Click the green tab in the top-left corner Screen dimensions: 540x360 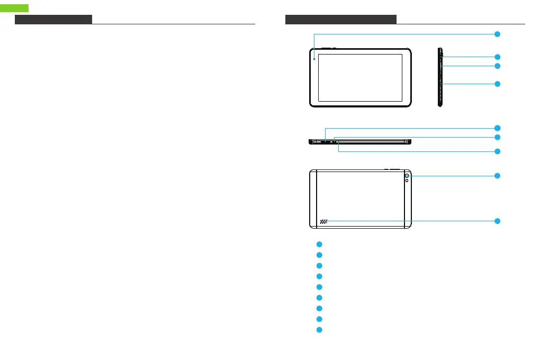(14, 8)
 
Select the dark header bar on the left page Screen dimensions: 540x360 (53, 20)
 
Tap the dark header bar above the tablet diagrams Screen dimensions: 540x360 (340, 20)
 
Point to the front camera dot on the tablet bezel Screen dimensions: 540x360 (314, 58)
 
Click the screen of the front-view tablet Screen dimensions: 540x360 (360, 77)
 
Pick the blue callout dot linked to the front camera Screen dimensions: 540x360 (497, 34)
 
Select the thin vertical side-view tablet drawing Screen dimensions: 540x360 (439, 77)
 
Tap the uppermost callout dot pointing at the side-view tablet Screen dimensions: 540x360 (497, 56)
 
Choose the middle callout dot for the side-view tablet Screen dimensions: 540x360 (497, 66)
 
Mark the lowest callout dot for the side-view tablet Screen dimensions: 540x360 (497, 84)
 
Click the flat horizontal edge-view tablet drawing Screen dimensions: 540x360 (360, 142)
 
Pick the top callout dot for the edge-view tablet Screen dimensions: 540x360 (497, 128)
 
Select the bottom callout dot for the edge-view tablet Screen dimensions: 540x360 (497, 151)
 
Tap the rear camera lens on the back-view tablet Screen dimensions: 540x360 (407, 176)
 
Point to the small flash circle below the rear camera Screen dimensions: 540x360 (407, 182)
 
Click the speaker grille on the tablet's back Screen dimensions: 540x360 (323, 221)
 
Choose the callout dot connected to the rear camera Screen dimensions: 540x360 (497, 175)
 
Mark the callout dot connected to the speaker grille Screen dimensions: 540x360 (497, 221)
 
